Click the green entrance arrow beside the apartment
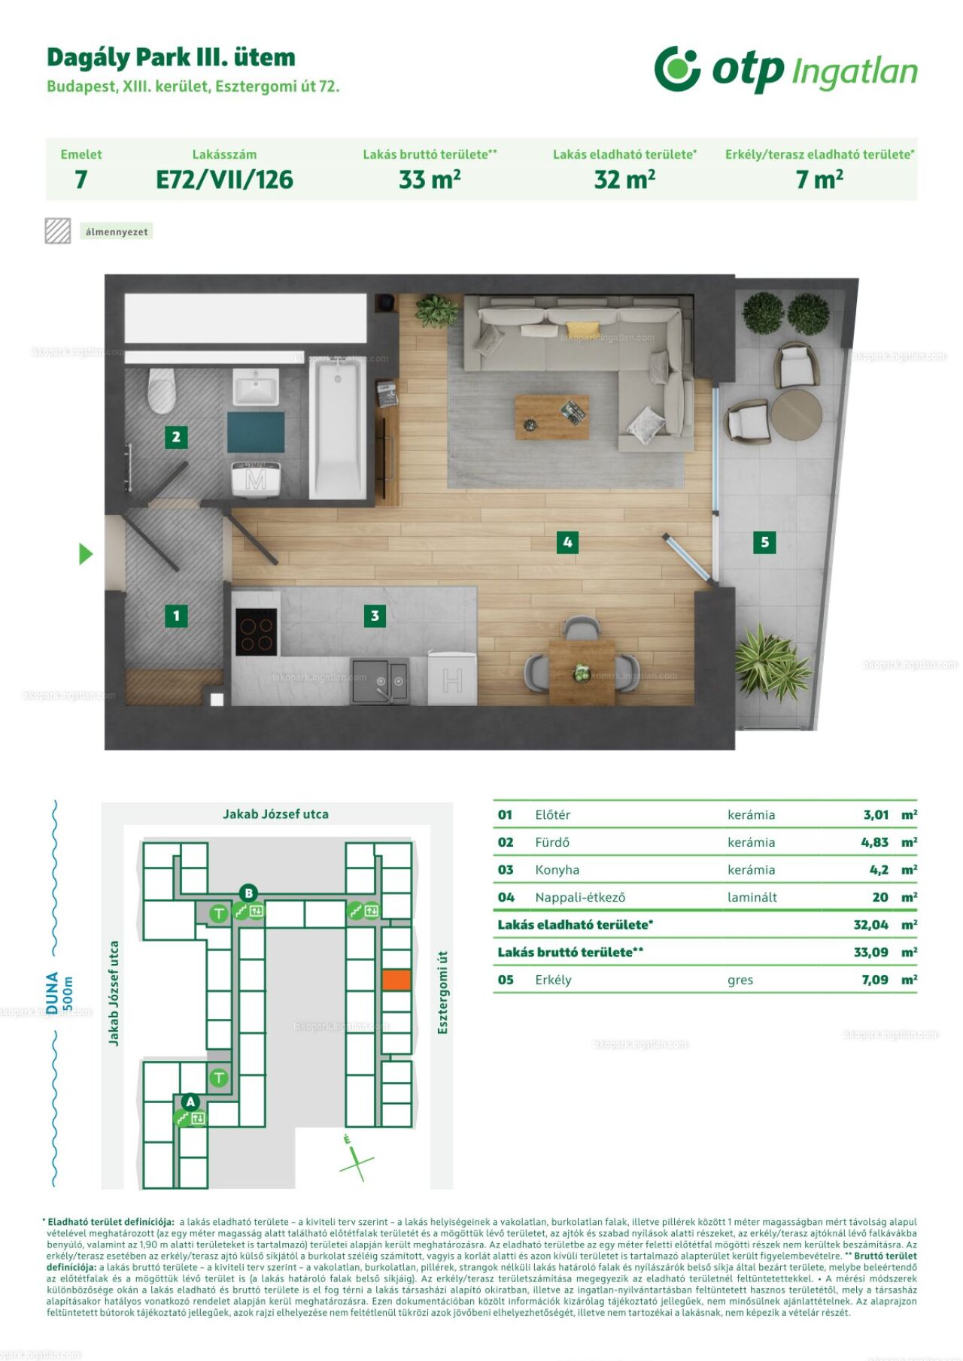pos(86,554)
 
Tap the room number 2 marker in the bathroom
pos(176,437)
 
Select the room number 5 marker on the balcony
pos(764,542)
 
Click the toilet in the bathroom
pos(162,390)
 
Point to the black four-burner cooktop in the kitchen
pos(257,632)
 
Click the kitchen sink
pos(380,680)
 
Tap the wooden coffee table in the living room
pos(551,417)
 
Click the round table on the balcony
pos(796,414)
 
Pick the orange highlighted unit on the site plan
pos(396,979)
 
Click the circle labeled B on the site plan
pos(248,893)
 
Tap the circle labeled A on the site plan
pos(190,1102)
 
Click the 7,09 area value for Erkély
pos(875,980)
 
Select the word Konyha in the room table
pos(557,870)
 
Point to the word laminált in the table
pos(752,897)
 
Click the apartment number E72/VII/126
pos(224,180)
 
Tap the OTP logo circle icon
pos(677,68)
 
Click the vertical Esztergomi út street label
pos(442,992)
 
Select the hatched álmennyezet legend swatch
pos(58,231)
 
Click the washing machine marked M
pos(256,478)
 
